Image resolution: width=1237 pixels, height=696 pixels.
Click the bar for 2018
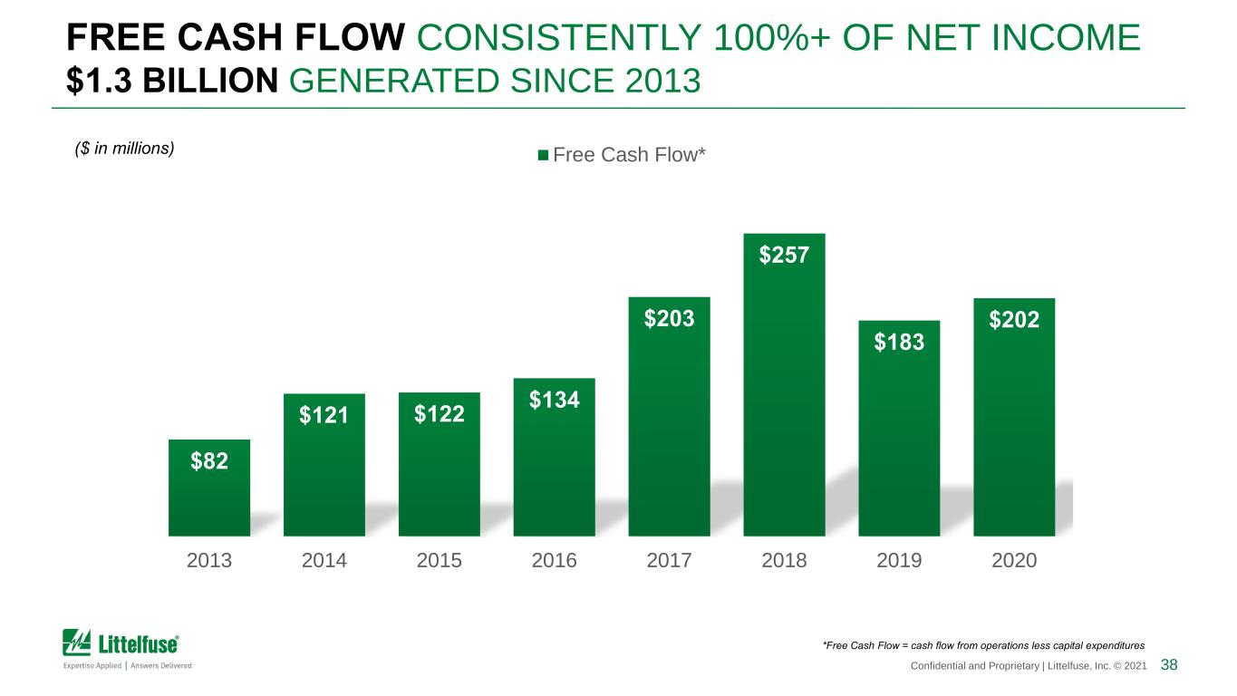[x=784, y=384]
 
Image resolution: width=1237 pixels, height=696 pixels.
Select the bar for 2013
[x=209, y=488]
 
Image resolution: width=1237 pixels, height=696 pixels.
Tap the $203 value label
[x=670, y=319]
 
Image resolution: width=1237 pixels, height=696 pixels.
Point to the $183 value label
[x=899, y=342]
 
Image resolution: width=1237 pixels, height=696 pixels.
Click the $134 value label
[x=555, y=400]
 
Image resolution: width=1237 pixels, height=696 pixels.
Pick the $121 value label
[x=324, y=415]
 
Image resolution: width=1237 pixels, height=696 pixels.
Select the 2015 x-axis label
[x=439, y=561]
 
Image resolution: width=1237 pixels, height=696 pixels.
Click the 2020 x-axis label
[x=1014, y=561]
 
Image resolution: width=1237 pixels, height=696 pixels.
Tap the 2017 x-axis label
[x=670, y=561]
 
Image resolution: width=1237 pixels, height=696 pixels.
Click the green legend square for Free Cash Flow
[x=543, y=155]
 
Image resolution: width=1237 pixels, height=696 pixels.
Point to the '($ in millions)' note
[x=124, y=149]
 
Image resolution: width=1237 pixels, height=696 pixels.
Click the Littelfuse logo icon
[x=76, y=643]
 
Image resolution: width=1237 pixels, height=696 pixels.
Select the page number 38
[x=1169, y=664]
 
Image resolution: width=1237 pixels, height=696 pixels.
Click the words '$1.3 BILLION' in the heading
[x=172, y=81]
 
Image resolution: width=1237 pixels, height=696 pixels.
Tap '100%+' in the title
[x=771, y=37]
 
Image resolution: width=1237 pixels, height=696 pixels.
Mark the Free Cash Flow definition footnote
[x=983, y=646]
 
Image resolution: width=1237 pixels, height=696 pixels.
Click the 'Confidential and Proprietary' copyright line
[x=1029, y=666]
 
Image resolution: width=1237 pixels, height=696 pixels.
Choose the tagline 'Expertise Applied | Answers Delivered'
[x=128, y=665]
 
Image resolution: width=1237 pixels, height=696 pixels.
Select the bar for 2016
[x=555, y=458]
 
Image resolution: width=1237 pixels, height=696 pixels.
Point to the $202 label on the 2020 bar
[x=1014, y=320]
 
